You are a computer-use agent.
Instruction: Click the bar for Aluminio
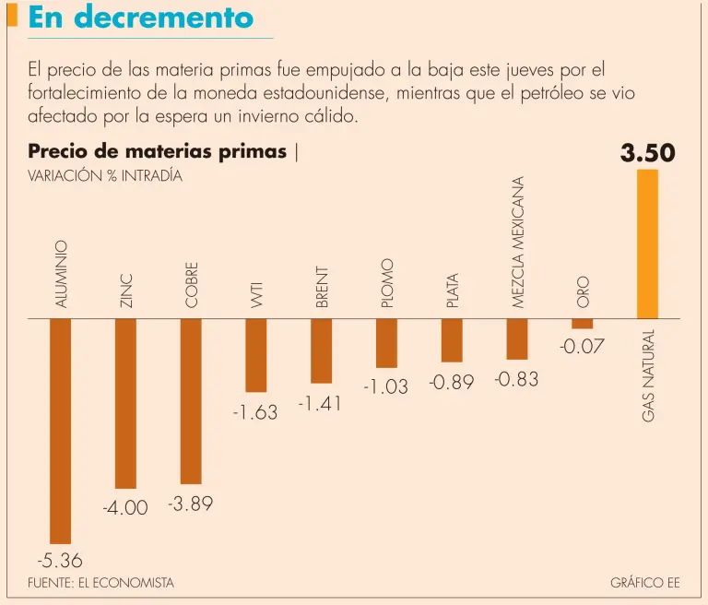(x=60, y=431)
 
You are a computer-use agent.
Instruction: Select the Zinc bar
(x=125, y=403)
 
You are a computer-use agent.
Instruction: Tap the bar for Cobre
(x=191, y=401)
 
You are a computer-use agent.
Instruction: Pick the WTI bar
(x=256, y=355)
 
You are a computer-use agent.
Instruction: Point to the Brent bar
(x=321, y=350)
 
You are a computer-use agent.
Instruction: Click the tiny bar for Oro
(x=583, y=324)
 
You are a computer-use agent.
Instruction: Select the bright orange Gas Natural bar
(x=648, y=243)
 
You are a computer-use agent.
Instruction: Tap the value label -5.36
(x=59, y=560)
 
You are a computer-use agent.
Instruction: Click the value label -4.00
(x=124, y=507)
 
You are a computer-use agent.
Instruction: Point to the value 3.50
(x=648, y=153)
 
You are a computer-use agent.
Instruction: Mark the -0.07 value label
(x=582, y=347)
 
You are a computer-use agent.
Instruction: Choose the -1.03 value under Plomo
(x=385, y=387)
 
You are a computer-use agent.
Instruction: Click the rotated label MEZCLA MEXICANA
(x=517, y=243)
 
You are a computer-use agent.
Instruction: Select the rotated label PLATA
(x=452, y=290)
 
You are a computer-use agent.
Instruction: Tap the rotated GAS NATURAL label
(x=649, y=376)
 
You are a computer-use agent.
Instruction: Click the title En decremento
(x=141, y=18)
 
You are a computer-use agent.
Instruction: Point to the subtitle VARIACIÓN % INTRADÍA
(x=105, y=176)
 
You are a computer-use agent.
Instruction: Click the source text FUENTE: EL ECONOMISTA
(x=100, y=583)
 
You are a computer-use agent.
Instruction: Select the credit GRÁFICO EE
(x=644, y=583)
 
